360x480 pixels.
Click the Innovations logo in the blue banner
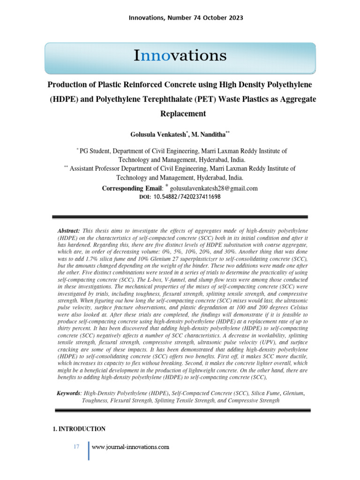[x=180, y=56]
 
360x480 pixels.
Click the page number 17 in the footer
[x=76, y=447]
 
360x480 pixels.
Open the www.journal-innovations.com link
[x=130, y=447]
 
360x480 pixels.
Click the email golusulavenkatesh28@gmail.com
[x=213, y=188]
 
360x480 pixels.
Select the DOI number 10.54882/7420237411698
[x=187, y=197]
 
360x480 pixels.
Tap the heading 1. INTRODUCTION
[x=79, y=429]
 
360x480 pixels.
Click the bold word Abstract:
[x=68, y=231]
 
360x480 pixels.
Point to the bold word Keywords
[x=69, y=393]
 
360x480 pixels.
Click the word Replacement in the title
[x=183, y=113]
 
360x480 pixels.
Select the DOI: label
[x=145, y=197]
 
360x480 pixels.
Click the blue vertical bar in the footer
[x=89, y=450]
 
